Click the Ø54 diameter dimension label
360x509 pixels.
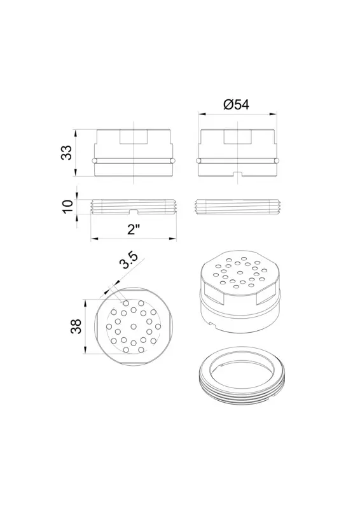(x=237, y=104)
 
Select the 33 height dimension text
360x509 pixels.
(x=67, y=152)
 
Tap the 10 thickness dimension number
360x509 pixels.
(x=68, y=206)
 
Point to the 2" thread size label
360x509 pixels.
(x=133, y=229)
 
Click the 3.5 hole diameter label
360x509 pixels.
(x=129, y=260)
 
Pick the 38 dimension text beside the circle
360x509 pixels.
(x=76, y=326)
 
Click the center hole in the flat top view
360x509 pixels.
(x=134, y=326)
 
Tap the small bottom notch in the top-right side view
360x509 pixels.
(x=238, y=174)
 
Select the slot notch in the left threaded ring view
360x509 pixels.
(x=134, y=212)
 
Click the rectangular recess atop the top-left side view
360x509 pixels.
(x=134, y=137)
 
